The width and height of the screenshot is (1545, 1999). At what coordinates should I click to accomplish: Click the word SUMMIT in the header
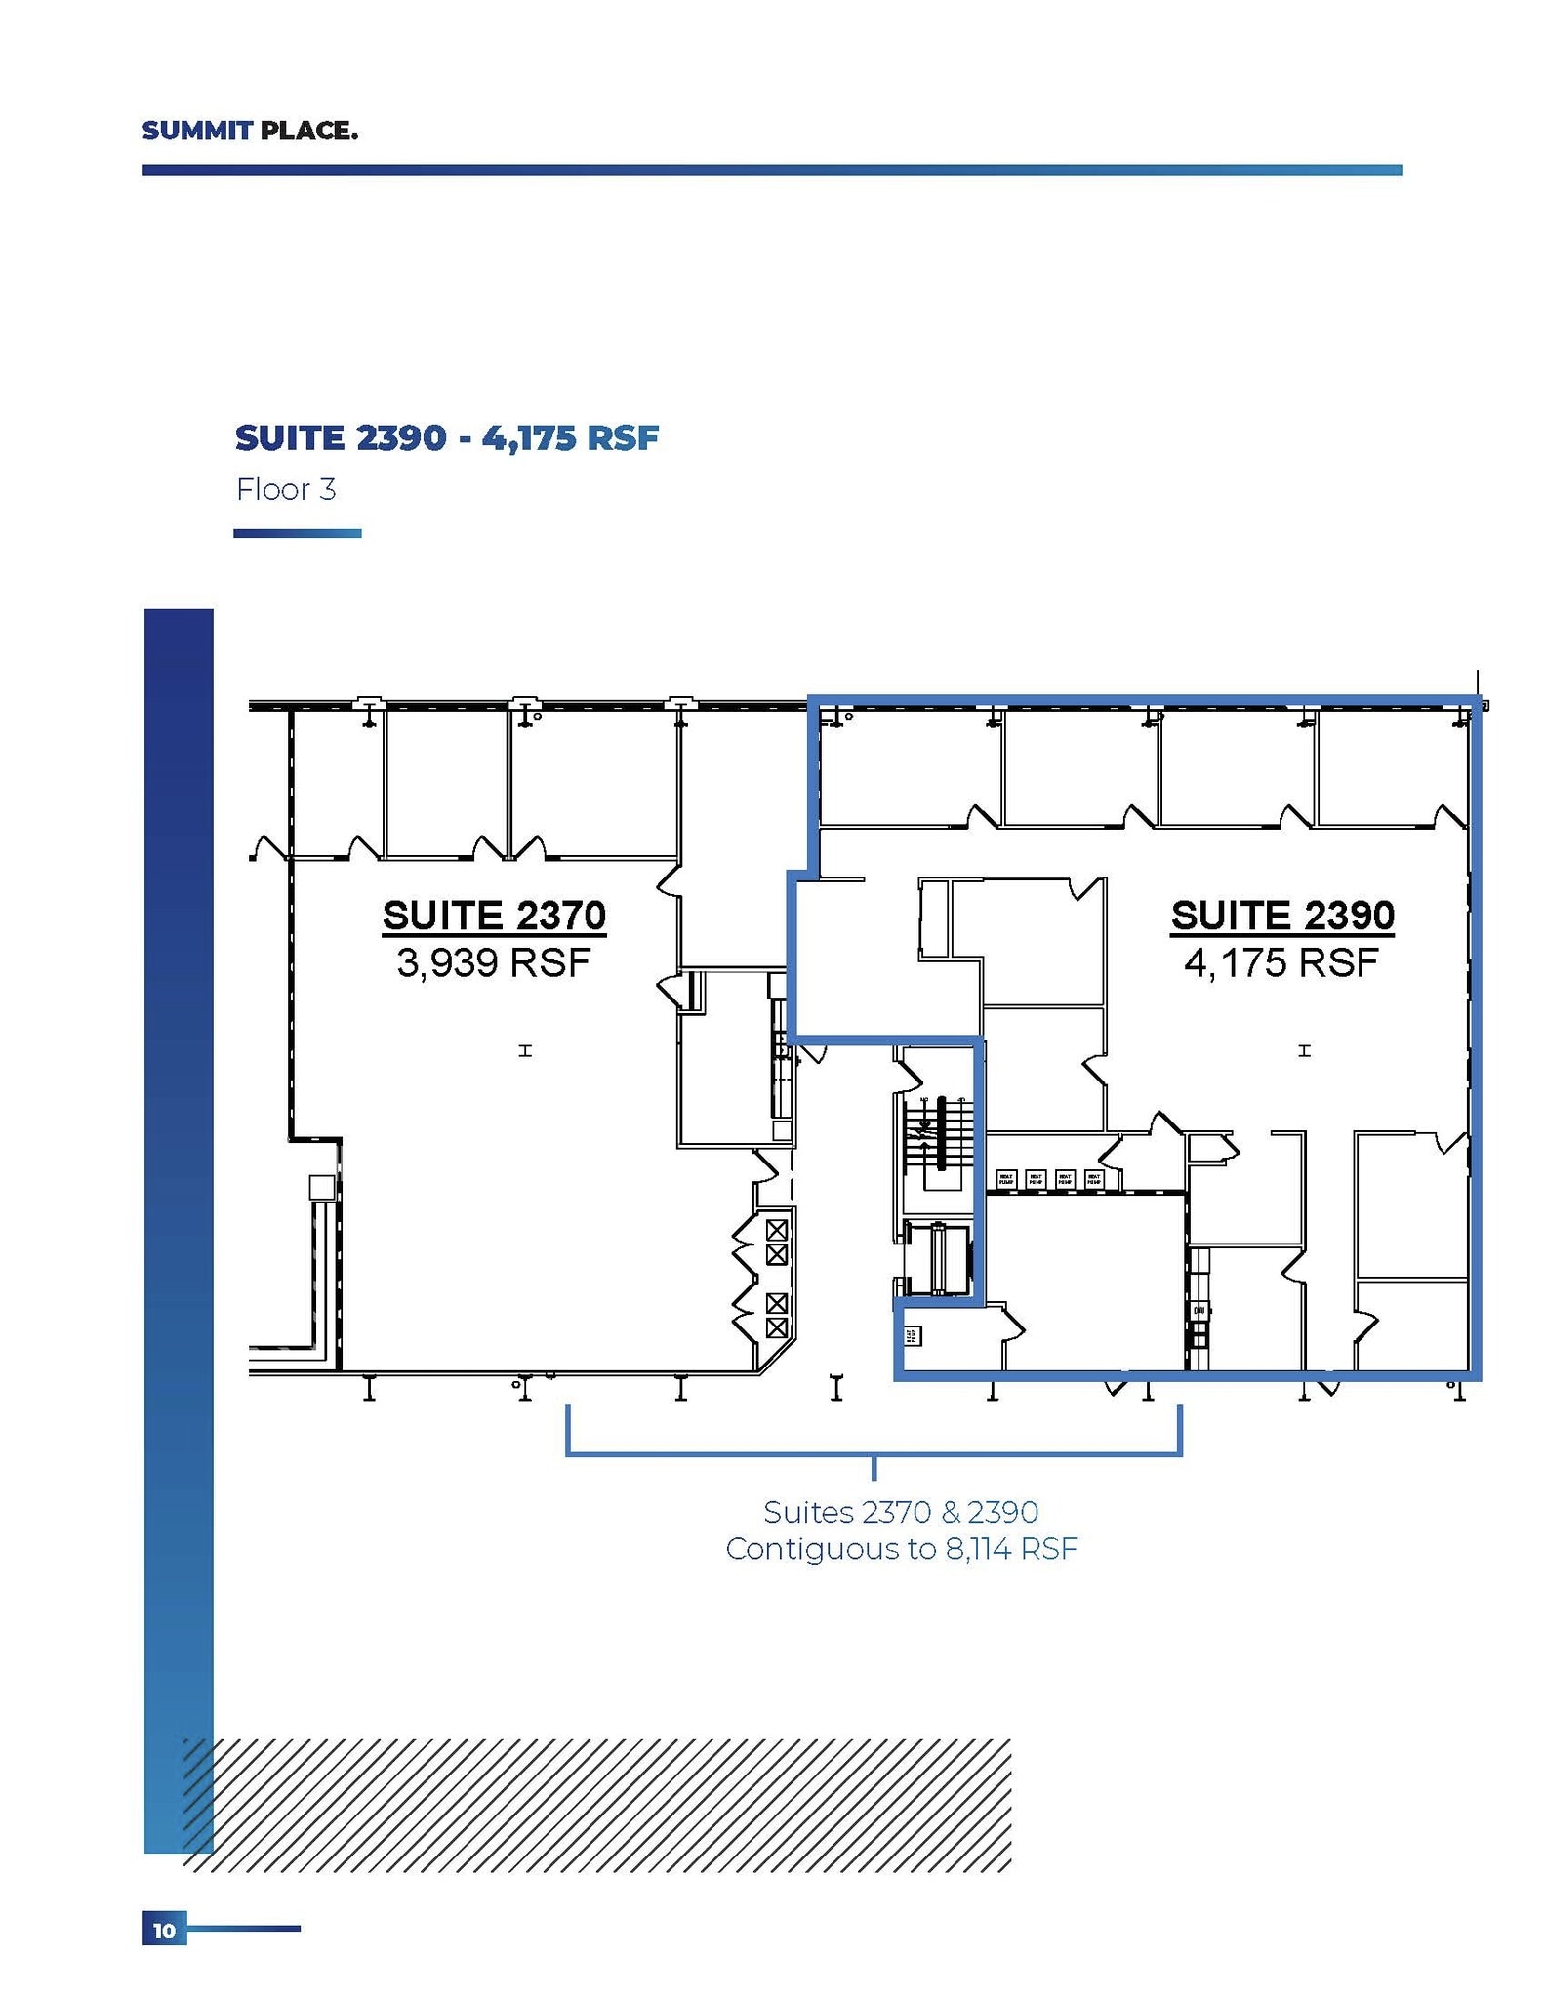tap(197, 130)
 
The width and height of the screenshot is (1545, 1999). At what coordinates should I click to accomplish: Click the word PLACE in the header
tap(306, 130)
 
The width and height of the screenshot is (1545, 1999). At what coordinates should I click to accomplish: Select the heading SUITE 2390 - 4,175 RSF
tap(446, 437)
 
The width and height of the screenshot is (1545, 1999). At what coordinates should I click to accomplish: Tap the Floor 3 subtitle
tap(286, 489)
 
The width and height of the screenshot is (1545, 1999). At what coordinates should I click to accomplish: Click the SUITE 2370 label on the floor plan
tap(494, 916)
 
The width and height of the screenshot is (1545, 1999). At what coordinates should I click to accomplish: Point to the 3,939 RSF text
tap(494, 963)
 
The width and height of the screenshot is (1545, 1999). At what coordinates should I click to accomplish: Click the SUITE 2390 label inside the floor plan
tap(1282, 916)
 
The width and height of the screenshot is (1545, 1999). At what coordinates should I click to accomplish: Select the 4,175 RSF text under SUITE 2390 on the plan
tap(1281, 963)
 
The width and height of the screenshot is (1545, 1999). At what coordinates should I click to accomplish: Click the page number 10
tap(164, 1930)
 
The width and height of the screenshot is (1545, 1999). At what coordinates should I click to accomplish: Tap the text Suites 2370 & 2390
tap(900, 1512)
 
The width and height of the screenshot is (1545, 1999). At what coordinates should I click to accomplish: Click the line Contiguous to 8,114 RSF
tap(900, 1549)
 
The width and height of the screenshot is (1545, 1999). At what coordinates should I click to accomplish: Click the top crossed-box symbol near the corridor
tap(777, 1229)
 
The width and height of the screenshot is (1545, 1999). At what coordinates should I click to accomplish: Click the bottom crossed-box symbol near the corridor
tap(777, 1327)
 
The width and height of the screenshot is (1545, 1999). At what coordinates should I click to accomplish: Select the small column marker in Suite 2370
tap(525, 1050)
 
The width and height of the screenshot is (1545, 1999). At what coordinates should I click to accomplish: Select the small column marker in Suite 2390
tap(1304, 1050)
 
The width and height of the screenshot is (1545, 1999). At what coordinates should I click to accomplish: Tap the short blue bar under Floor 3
tap(297, 533)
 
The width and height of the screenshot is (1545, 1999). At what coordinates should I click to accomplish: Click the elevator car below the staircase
tap(938, 1258)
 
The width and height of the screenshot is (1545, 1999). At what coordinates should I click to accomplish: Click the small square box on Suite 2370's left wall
tap(321, 1187)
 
